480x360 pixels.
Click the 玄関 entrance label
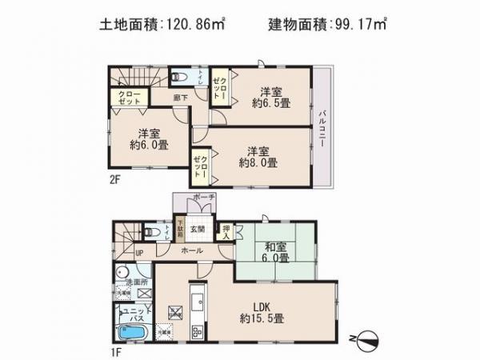197,228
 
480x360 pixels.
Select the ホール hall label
191,250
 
